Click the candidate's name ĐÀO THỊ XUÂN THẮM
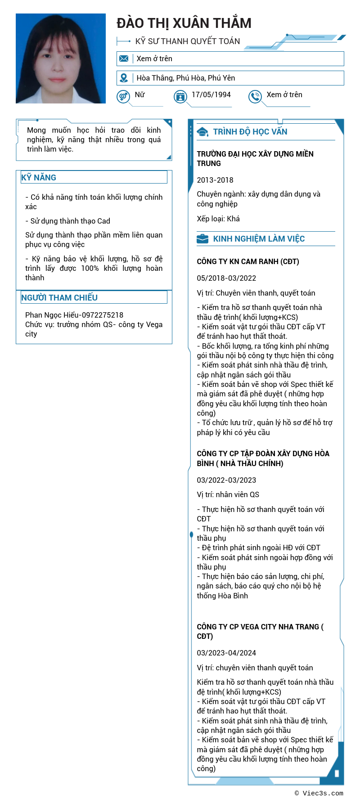pyautogui.click(x=184, y=23)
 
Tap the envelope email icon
pyautogui.click(x=124, y=58)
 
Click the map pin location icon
pyautogui.click(x=124, y=78)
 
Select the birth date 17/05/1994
pyautogui.click(x=211, y=94)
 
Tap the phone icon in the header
pyautogui.click(x=255, y=96)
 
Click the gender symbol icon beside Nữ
pyautogui.click(x=123, y=96)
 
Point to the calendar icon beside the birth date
pyautogui.click(x=180, y=96)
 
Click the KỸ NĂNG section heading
pyautogui.click(x=39, y=177)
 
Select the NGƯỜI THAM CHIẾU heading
pyautogui.click(x=59, y=297)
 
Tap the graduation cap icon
pyautogui.click(x=202, y=132)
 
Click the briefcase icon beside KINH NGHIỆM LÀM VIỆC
pyautogui.click(x=202, y=238)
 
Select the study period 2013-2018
pyautogui.click(x=215, y=180)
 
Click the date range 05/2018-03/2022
pyautogui.click(x=226, y=278)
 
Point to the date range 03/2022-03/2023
pyautogui.click(x=226, y=480)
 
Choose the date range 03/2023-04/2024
pyautogui.click(x=226, y=653)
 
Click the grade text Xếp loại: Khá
pyautogui.click(x=218, y=219)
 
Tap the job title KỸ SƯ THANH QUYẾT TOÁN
pyautogui.click(x=188, y=41)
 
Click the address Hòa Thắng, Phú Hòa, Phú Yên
pyautogui.click(x=186, y=78)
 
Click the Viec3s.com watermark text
pyautogui.click(x=319, y=793)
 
